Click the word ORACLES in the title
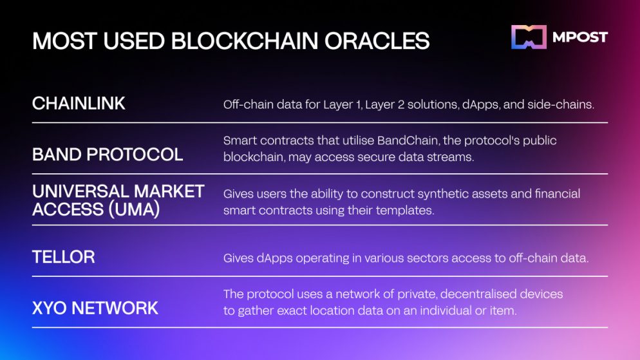377,41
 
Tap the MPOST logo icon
529,37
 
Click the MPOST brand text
580,37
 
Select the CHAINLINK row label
79,104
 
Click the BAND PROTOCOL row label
108,155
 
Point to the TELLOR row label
64,257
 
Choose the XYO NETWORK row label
95,308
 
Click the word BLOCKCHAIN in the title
245,41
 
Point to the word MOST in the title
64,41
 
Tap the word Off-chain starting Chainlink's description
248,104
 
